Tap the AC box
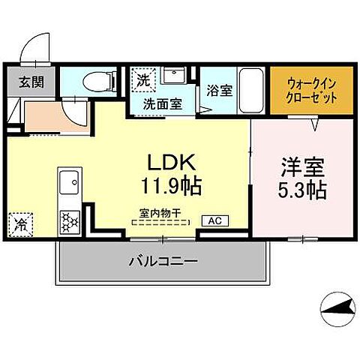(x=214, y=220)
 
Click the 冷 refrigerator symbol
(x=22, y=223)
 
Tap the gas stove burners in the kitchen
(x=70, y=221)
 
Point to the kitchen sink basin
(x=70, y=181)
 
